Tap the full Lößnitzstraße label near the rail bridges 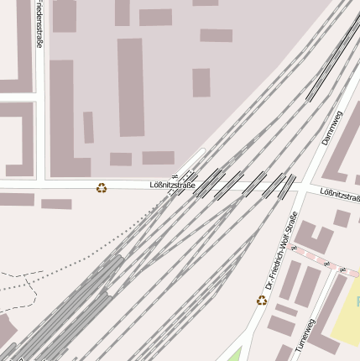coord(172,185)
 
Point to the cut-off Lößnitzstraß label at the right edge coord(340,195)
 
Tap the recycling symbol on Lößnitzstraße coord(102,188)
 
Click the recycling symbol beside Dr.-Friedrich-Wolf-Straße coord(262,300)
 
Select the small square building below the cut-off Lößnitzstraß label coord(342,218)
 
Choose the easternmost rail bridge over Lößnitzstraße coord(288,186)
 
